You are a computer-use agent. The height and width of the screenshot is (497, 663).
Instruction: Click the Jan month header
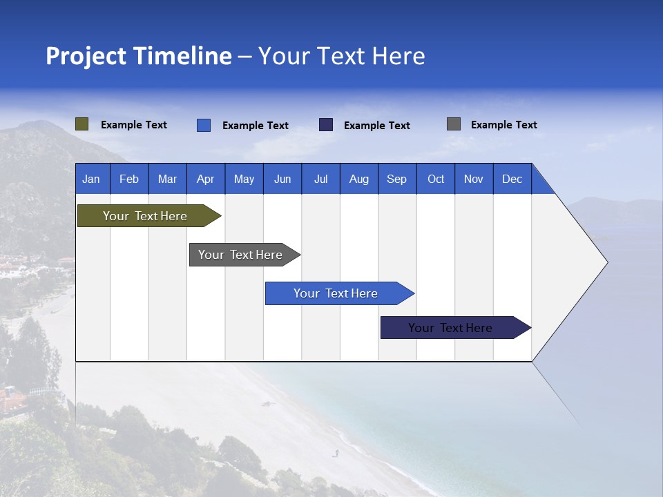(x=91, y=179)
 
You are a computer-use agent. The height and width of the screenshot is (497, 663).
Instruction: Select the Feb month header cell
(x=129, y=179)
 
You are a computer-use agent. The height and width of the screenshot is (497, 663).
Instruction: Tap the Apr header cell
(x=205, y=179)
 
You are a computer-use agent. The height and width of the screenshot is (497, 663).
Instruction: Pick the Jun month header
(x=282, y=179)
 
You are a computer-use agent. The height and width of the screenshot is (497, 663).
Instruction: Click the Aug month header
(x=358, y=179)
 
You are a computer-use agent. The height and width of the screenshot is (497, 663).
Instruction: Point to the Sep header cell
(x=396, y=179)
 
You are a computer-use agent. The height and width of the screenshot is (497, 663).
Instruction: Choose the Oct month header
(x=436, y=179)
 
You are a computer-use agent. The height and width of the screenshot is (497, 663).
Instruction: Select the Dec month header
(x=512, y=179)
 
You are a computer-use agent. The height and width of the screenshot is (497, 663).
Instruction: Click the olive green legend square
(x=82, y=124)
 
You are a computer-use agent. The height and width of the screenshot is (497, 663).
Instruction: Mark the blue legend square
(x=204, y=125)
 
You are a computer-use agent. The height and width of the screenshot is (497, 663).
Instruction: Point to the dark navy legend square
(x=326, y=125)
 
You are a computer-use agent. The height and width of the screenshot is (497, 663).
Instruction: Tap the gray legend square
(x=454, y=124)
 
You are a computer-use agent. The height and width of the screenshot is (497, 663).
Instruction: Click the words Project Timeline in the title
(x=139, y=56)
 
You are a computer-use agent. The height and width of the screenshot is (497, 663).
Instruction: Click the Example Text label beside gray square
(x=503, y=125)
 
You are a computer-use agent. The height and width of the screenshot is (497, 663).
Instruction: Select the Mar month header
(x=167, y=179)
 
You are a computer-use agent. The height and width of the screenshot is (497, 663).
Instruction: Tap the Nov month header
(x=474, y=179)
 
